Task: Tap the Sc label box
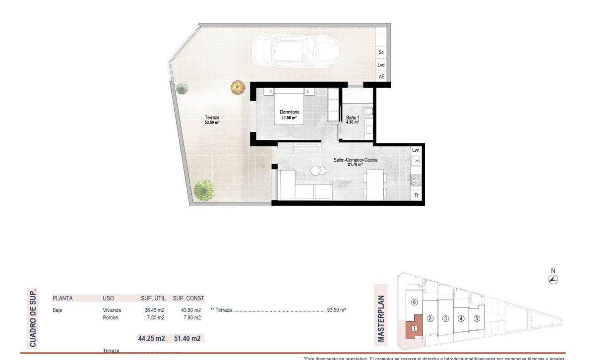[x=381, y=52]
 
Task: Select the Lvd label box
[x=381, y=65]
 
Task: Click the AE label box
[x=381, y=77]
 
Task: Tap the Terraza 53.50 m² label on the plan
[x=212, y=120]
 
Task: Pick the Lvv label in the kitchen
[x=416, y=150]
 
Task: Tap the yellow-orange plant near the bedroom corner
[x=238, y=88]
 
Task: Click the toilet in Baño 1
[x=368, y=112]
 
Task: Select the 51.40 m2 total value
[x=187, y=339]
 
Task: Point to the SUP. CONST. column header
[x=189, y=299]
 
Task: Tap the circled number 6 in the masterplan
[x=415, y=302]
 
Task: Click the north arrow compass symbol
[x=553, y=279]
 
